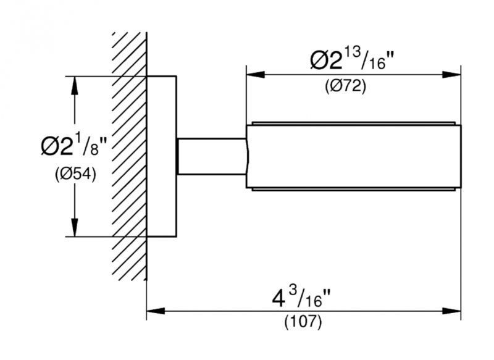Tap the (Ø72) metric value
pos(346,86)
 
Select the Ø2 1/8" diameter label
pos(74,145)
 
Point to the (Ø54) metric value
pos(75,174)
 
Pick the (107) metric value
pos(303,322)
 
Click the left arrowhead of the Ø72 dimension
pos(256,75)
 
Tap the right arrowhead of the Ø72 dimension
pos(451,75)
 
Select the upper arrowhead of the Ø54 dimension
pos(74,85)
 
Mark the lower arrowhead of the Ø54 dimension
pos(74,227)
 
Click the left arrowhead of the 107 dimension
pos(156,311)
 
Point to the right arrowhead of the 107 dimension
pos(451,311)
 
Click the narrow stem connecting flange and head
pos(212,156)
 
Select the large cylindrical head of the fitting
pos(353,157)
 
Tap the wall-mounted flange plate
pos(161,156)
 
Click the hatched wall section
pos(130,156)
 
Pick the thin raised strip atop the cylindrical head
pos(353,123)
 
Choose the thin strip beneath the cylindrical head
pos(353,190)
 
